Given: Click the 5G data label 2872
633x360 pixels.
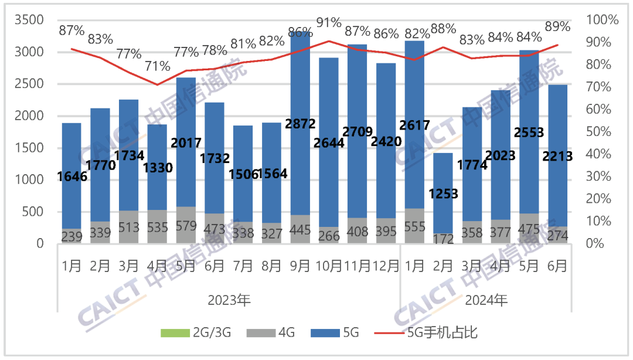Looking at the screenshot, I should click(301, 123).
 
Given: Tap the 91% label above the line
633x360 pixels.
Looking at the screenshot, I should click(329, 23).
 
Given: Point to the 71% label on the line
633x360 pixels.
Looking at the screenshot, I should click(157, 66).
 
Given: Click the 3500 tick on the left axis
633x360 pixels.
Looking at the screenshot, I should click(29, 20).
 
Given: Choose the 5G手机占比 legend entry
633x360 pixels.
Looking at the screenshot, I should click(443, 333).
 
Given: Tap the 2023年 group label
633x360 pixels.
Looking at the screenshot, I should click(229, 301).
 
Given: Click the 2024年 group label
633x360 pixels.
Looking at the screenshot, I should click(486, 301).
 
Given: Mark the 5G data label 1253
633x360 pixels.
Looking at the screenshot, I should click(444, 193).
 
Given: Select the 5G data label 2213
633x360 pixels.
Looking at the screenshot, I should click(557, 155).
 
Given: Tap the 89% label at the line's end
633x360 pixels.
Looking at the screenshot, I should click(557, 26).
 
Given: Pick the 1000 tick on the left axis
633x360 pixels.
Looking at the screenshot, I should click(29, 179).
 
